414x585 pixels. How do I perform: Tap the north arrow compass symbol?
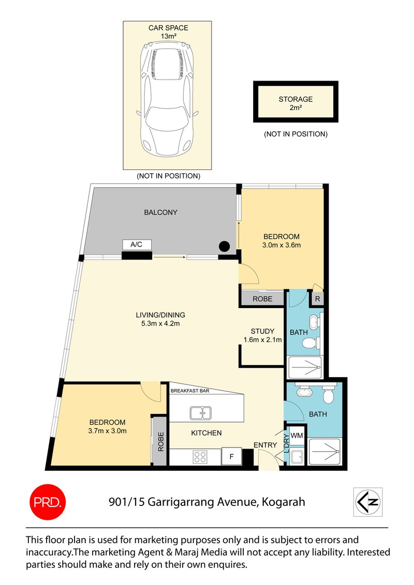click(x=367, y=502)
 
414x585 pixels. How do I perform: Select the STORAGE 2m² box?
click(x=295, y=102)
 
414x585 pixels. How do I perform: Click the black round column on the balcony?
click(x=225, y=247)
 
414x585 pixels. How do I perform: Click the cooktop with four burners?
click(x=200, y=456)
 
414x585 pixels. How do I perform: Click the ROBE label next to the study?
click(x=262, y=299)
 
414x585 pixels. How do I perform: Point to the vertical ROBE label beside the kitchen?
click(x=160, y=442)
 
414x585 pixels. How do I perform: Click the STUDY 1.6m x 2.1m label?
click(x=262, y=335)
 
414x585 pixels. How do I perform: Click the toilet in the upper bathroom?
click(x=309, y=343)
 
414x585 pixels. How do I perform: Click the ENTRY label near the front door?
click(x=264, y=445)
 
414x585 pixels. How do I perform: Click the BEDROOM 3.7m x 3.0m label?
click(x=108, y=426)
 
